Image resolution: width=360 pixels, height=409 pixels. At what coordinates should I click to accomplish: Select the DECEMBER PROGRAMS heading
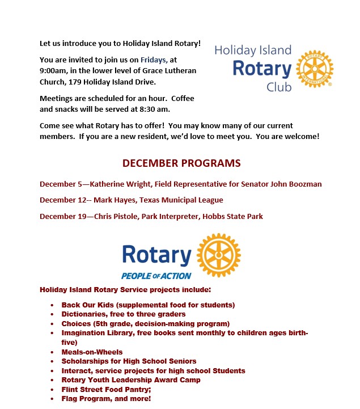[181, 163]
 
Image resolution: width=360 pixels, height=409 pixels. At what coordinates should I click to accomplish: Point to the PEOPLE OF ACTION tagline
[156, 276]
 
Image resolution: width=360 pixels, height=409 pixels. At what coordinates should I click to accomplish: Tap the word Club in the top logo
[279, 87]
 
